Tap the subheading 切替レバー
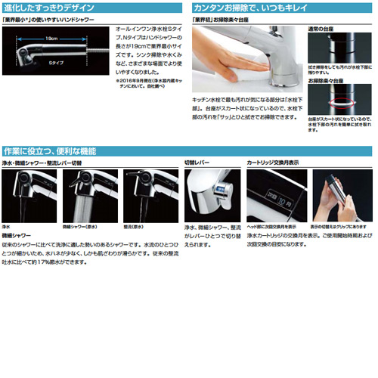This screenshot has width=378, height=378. coord(200,163)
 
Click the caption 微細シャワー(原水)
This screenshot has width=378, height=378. coord(81,225)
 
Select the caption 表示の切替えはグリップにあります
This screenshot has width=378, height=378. coord(341,225)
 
